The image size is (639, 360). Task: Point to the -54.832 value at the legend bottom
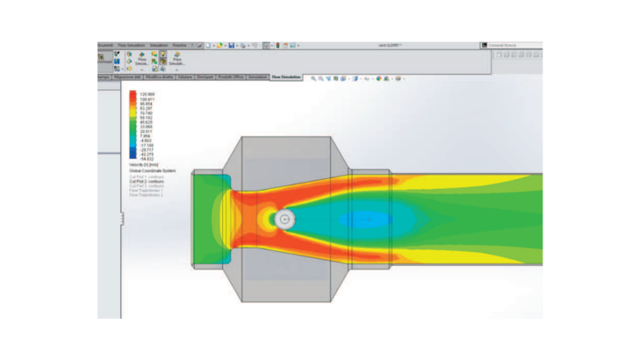pos(145,158)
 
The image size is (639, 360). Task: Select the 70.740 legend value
pos(145,113)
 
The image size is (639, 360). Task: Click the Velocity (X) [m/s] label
pos(145,163)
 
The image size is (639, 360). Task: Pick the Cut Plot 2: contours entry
pos(147,181)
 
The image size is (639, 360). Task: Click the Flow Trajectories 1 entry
pos(147,191)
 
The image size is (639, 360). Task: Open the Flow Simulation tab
pos(286,77)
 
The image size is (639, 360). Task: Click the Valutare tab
pos(185,77)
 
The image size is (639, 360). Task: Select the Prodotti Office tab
pos(231,77)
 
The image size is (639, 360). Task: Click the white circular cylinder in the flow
pos(284,219)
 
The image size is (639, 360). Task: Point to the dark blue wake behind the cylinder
pos(360,219)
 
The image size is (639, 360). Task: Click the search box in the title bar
pos(509,45)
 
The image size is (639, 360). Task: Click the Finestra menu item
pos(179,45)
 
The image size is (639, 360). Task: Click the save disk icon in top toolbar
pos(230,45)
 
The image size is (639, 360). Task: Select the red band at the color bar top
pos(133,94)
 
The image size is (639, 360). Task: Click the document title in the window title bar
pos(391,45)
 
